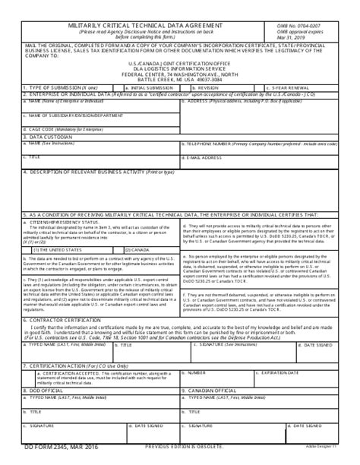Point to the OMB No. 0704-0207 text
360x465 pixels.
[308, 25]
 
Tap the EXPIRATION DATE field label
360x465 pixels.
[279, 374]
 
